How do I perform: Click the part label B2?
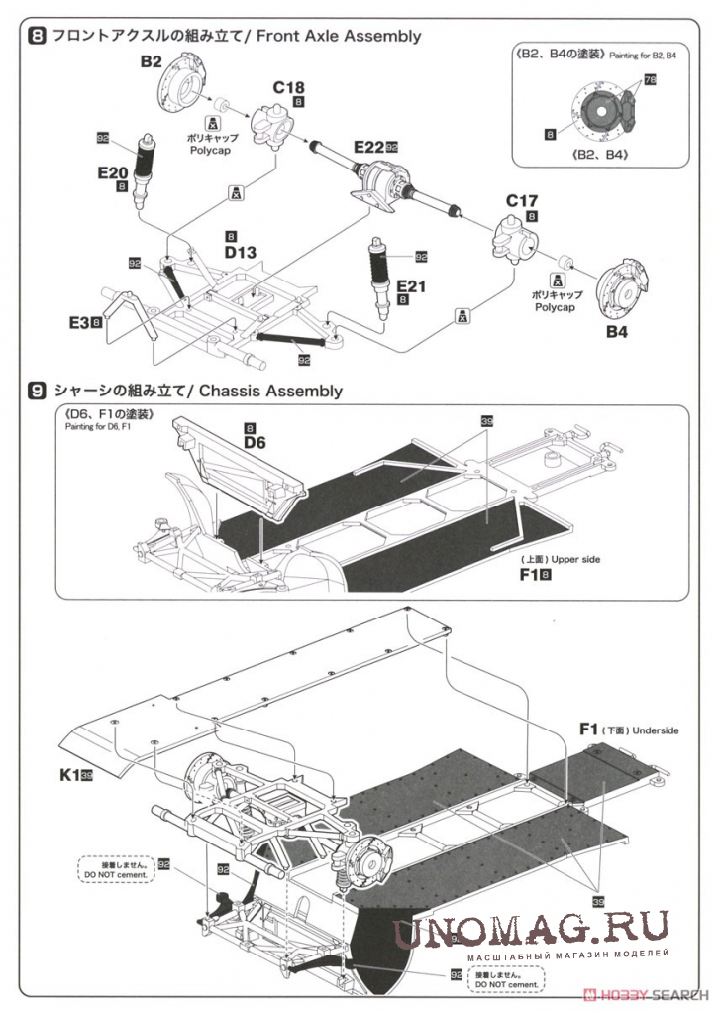click(x=151, y=61)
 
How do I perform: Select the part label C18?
click(x=289, y=87)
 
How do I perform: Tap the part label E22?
click(x=368, y=147)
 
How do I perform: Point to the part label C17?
click(x=522, y=201)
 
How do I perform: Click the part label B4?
click(x=617, y=332)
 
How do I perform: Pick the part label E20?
click(x=113, y=172)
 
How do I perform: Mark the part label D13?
click(x=240, y=253)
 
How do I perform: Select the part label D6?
click(x=255, y=442)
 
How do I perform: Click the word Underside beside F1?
click(x=655, y=730)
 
